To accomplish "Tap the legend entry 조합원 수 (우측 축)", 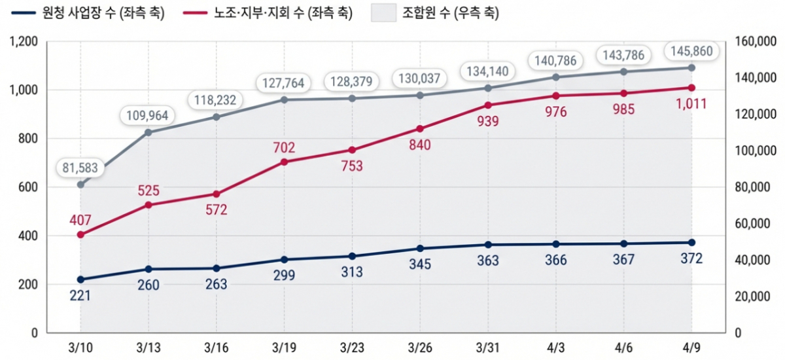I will point(445,13).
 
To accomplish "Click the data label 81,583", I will point(80,168).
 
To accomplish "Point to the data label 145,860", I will point(691,50).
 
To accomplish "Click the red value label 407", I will point(80,220).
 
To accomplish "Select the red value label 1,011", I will point(691,103).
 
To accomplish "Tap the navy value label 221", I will point(80,296).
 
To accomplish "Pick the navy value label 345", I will point(420,264).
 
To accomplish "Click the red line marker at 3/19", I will point(284,162).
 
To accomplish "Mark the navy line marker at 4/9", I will point(691,242).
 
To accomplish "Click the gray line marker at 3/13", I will point(148,132).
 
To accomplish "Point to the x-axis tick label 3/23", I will point(352,347).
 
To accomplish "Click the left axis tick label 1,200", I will point(24,42).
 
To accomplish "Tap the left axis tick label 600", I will point(28,187).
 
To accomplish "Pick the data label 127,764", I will point(284,83).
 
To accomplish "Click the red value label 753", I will point(352,166).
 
